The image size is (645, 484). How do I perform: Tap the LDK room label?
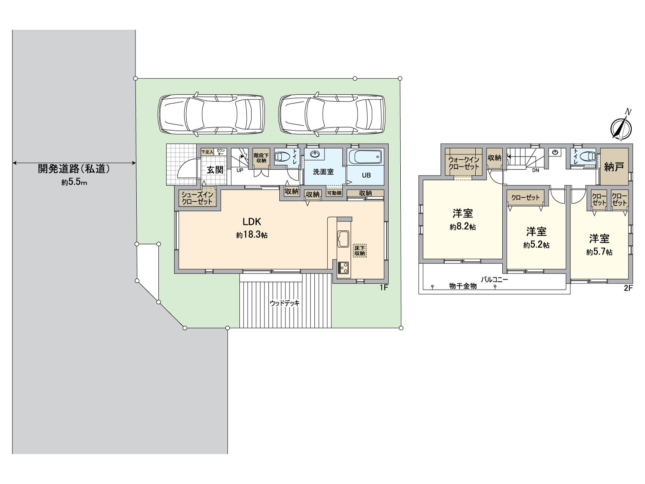252,221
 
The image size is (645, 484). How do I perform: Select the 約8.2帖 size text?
462,227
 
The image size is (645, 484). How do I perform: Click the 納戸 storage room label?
614,166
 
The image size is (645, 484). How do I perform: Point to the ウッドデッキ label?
285,303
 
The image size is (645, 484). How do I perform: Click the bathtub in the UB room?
365,156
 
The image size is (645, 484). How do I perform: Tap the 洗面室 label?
323,172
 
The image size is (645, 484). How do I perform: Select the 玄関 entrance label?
215,169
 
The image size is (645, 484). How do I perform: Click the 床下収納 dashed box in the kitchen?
360,250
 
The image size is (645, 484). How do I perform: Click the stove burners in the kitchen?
344,267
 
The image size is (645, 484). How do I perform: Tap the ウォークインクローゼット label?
464,163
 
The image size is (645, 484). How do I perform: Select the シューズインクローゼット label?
197,198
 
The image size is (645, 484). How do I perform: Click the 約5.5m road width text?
74,182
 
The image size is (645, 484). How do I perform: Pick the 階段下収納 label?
261,158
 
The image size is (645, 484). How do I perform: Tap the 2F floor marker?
628,288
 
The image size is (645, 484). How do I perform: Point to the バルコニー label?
494,280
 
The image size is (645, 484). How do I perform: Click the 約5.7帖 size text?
599,252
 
